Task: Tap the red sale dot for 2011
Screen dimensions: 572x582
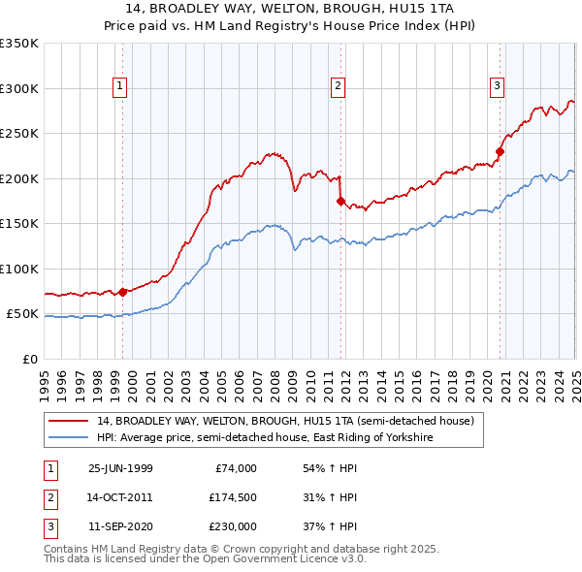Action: point(340,201)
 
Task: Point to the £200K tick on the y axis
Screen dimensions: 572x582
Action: point(23,178)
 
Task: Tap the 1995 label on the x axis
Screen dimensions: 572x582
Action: point(45,379)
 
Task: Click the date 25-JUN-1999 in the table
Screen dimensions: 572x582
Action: point(120,468)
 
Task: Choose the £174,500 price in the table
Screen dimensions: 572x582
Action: point(231,497)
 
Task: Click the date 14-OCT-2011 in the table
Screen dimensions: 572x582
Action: point(120,497)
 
